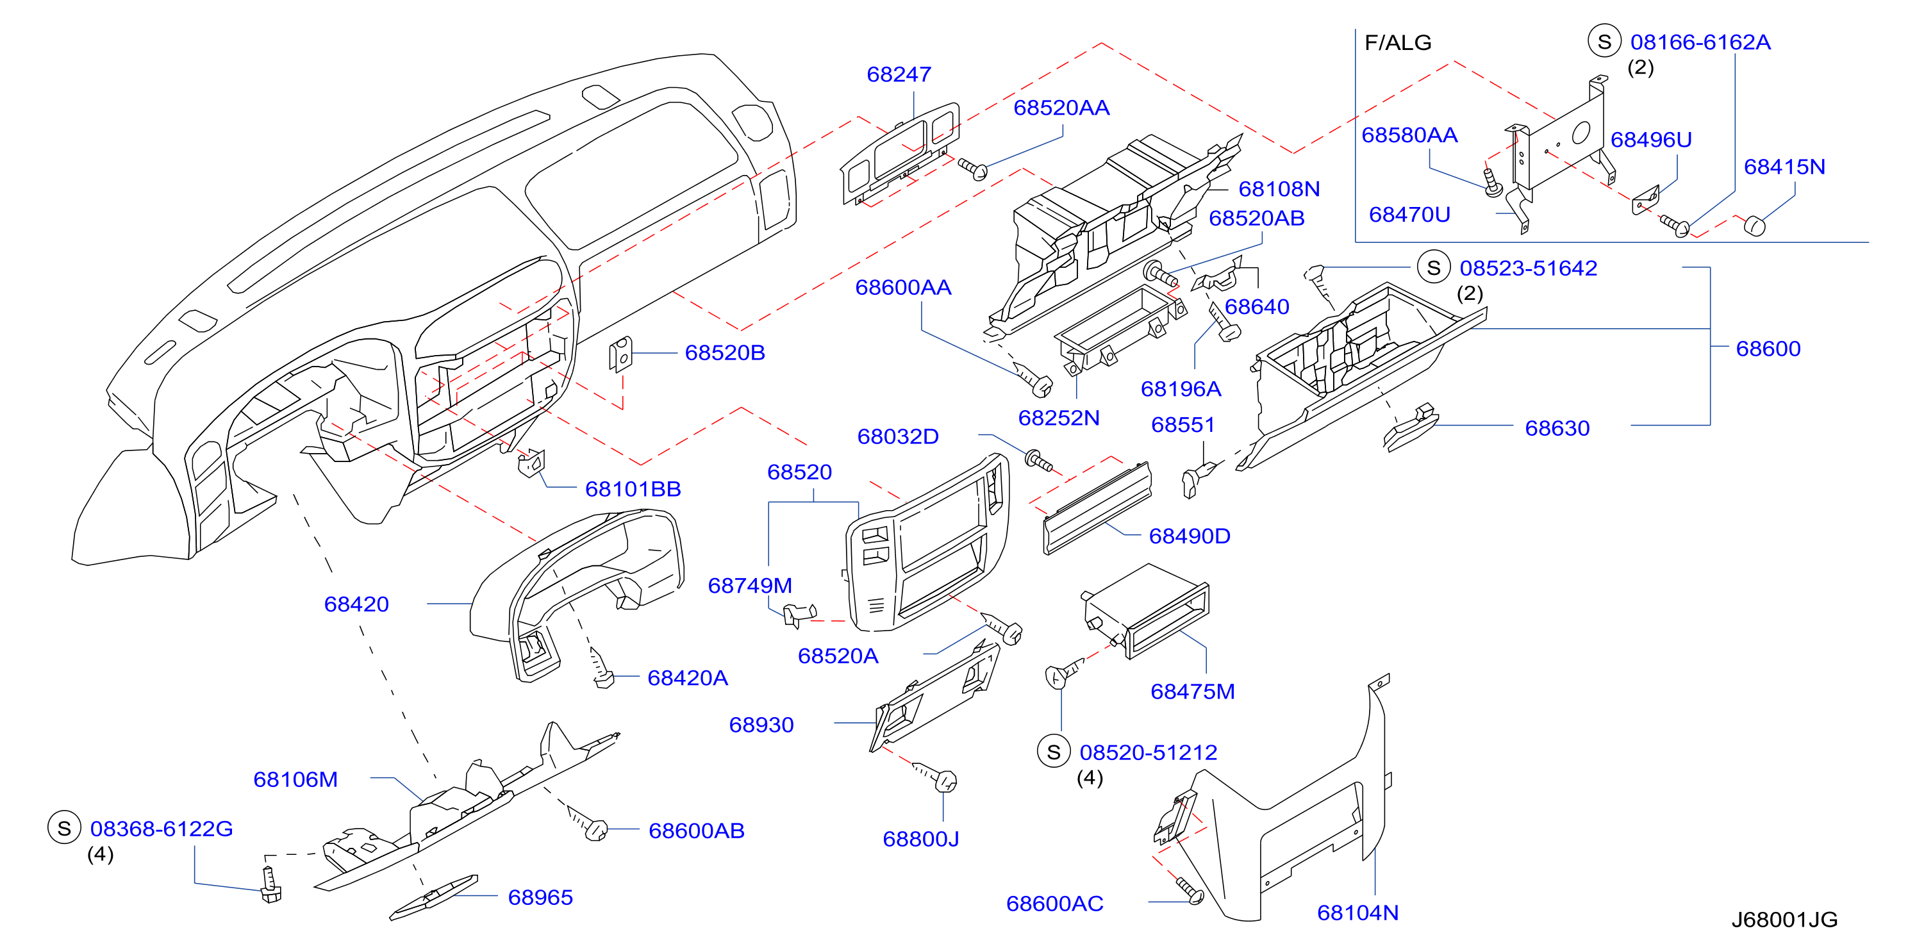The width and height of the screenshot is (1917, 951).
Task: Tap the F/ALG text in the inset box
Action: [1398, 42]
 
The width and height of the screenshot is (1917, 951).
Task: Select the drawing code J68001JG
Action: [1784, 920]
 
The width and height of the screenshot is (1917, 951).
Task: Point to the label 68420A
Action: [688, 678]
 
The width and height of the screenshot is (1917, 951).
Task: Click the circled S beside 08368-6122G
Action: [64, 827]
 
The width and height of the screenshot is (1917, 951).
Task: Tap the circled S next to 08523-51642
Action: [1434, 267]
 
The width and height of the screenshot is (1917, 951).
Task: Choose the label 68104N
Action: [1358, 913]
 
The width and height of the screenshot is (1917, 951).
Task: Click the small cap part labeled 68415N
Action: [1755, 225]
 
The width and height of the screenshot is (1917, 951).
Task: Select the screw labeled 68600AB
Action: [590, 823]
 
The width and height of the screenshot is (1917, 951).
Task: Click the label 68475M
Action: [1192, 691]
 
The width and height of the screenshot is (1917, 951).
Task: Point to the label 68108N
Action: [1279, 189]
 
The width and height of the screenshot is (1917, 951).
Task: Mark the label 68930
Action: [761, 725]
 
